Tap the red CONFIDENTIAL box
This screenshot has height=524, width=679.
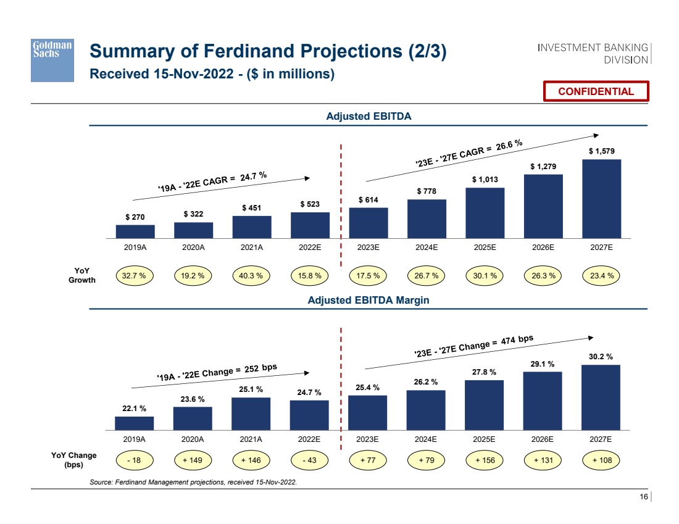click(x=596, y=91)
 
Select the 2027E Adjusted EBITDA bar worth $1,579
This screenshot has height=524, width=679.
click(x=601, y=198)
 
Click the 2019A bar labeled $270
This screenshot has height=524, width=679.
click(x=135, y=231)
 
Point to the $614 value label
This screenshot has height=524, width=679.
click(x=369, y=199)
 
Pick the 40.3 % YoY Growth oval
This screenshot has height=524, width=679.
click(x=252, y=275)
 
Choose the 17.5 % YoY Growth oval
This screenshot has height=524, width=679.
click(x=369, y=275)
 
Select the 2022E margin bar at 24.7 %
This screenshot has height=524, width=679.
click(x=309, y=414)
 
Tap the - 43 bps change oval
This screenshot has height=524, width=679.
click(x=309, y=460)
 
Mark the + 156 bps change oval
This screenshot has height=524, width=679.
click(x=485, y=460)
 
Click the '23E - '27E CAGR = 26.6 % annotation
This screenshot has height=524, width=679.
click(x=469, y=152)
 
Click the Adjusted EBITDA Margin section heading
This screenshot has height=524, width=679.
click(x=369, y=300)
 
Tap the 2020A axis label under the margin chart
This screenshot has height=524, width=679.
click(x=193, y=439)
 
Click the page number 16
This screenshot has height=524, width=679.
click(x=643, y=497)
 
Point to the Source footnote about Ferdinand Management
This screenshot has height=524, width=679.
click(x=194, y=481)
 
